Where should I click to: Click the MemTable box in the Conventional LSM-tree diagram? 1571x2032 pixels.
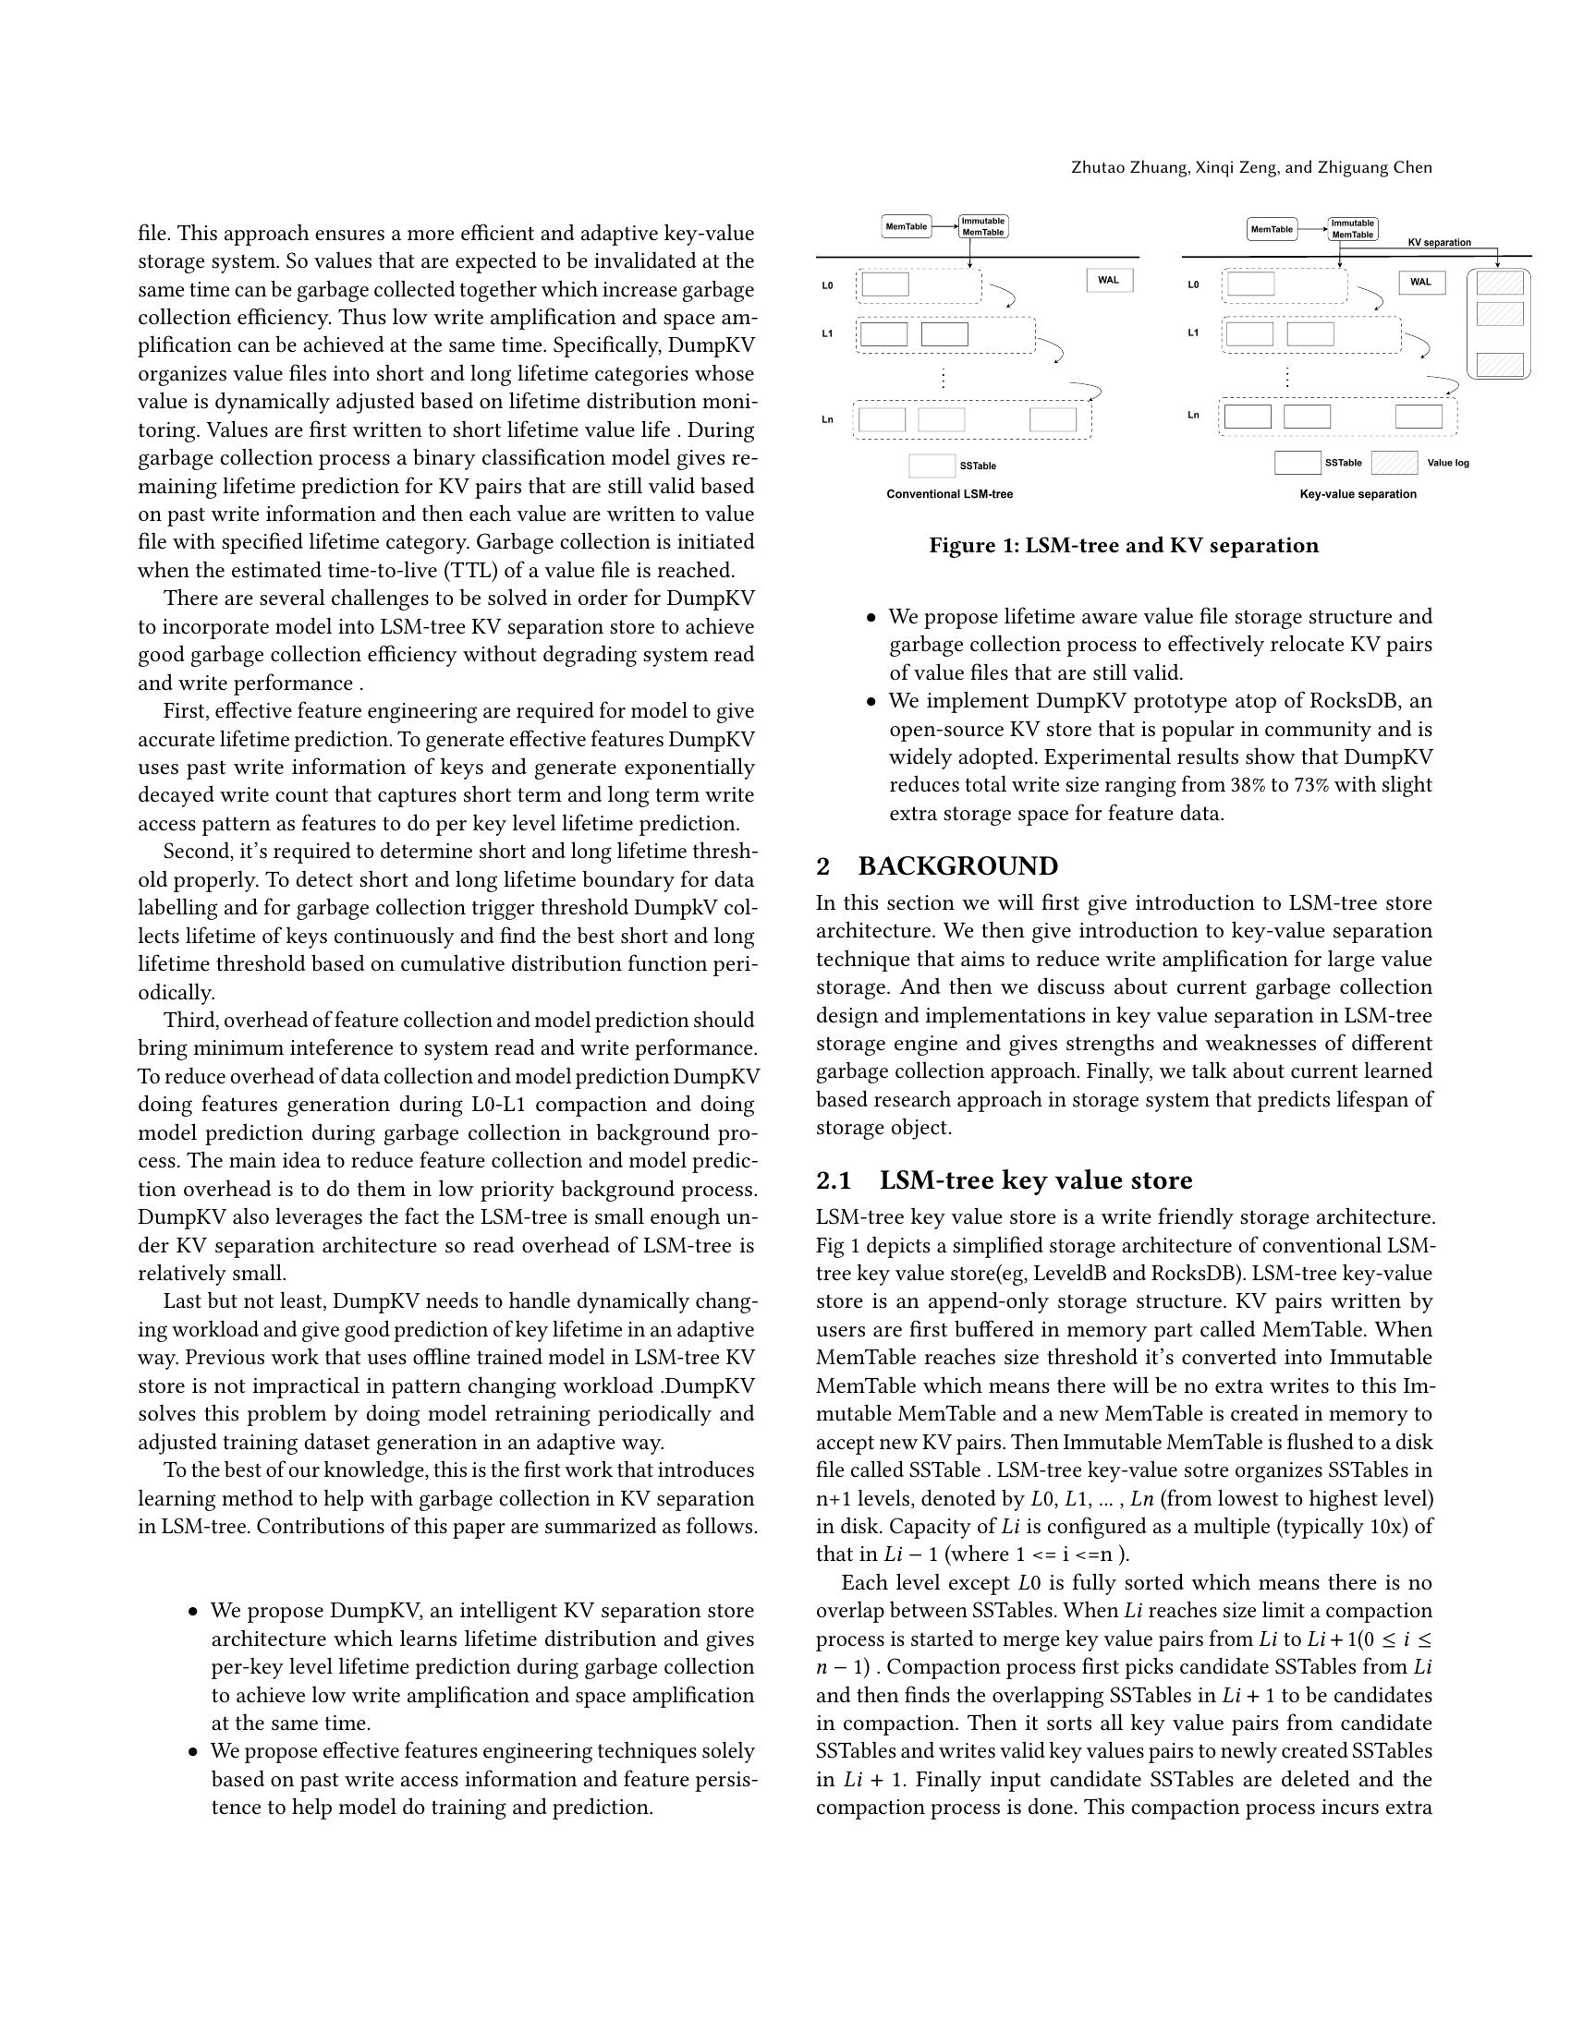[906, 226]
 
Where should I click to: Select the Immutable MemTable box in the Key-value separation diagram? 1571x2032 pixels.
[1352, 229]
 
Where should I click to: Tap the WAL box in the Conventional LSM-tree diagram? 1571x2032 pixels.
[1108, 280]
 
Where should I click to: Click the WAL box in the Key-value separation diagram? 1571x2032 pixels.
[1420, 282]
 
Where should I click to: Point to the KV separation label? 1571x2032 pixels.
[1439, 243]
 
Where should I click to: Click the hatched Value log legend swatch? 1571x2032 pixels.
[1394, 463]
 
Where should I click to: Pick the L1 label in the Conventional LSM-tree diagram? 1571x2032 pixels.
[826, 333]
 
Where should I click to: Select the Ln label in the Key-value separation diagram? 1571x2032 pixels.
[1192, 415]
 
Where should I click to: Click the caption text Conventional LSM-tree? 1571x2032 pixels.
[948, 494]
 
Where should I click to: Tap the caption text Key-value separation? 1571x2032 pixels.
[1357, 494]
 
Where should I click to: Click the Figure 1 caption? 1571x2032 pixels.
[1123, 545]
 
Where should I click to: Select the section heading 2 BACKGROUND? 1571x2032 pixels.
[936, 866]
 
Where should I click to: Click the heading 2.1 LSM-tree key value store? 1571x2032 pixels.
[1004, 1179]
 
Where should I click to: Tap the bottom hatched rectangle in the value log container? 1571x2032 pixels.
[1499, 364]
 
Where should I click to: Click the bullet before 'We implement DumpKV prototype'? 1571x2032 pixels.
[871, 702]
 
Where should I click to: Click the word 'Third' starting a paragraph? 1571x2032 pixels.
[189, 1020]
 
